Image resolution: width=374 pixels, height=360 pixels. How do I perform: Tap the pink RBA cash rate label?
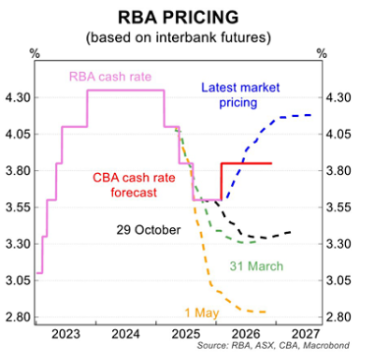click(x=109, y=76)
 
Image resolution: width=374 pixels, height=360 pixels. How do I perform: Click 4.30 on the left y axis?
click(x=19, y=97)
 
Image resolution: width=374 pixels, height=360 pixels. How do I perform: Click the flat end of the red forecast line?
click(x=270, y=164)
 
